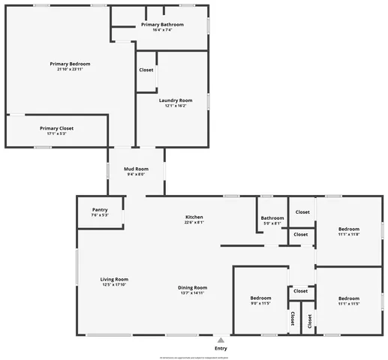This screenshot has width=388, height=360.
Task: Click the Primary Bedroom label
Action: pyautogui.click(x=70, y=64)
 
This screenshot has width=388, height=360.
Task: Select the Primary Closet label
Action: pyautogui.click(x=57, y=128)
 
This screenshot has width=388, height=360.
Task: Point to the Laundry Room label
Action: pyautogui.click(x=176, y=100)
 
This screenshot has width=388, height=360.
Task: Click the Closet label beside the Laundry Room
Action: pyautogui.click(x=146, y=70)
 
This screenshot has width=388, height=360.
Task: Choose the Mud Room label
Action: pyautogui.click(x=136, y=169)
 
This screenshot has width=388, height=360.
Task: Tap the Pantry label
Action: pyautogui.click(x=100, y=209)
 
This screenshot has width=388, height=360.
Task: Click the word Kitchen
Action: pyautogui.click(x=194, y=216)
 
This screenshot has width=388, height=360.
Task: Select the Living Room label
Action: pyautogui.click(x=115, y=279)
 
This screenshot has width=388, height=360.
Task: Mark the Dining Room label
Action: pyautogui.click(x=192, y=287)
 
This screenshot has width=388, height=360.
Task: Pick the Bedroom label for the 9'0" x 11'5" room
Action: pyautogui.click(x=260, y=298)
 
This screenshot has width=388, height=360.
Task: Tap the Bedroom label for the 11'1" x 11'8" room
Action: pyautogui.click(x=349, y=229)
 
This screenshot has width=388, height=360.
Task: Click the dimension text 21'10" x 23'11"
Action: pyautogui.click(x=70, y=70)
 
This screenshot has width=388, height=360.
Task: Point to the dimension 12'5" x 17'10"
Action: pyautogui.click(x=115, y=284)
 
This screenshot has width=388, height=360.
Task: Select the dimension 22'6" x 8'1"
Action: pyautogui.click(x=194, y=222)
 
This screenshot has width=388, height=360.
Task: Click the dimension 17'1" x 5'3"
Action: pyautogui.click(x=57, y=133)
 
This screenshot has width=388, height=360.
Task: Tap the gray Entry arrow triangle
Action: pyautogui.click(x=221, y=340)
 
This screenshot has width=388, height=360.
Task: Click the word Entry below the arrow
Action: pyautogui.click(x=221, y=348)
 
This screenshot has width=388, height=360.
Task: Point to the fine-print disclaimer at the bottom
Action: pyautogui.click(x=194, y=358)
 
